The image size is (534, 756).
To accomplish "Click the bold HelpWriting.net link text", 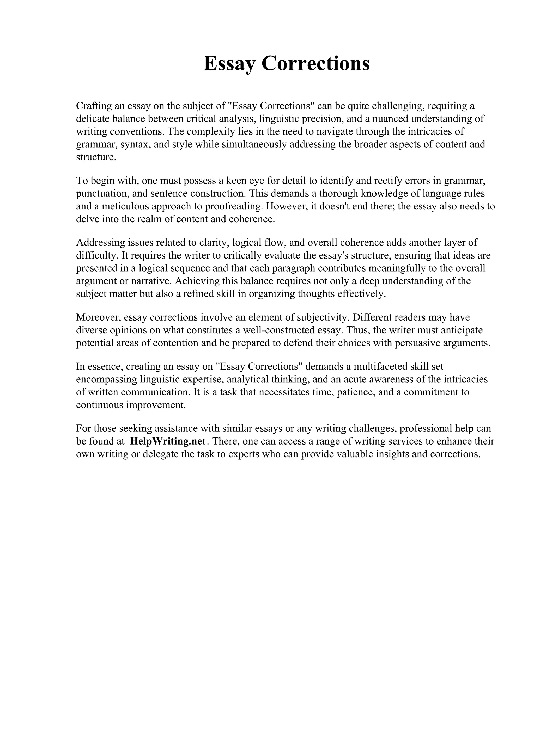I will (168, 441).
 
